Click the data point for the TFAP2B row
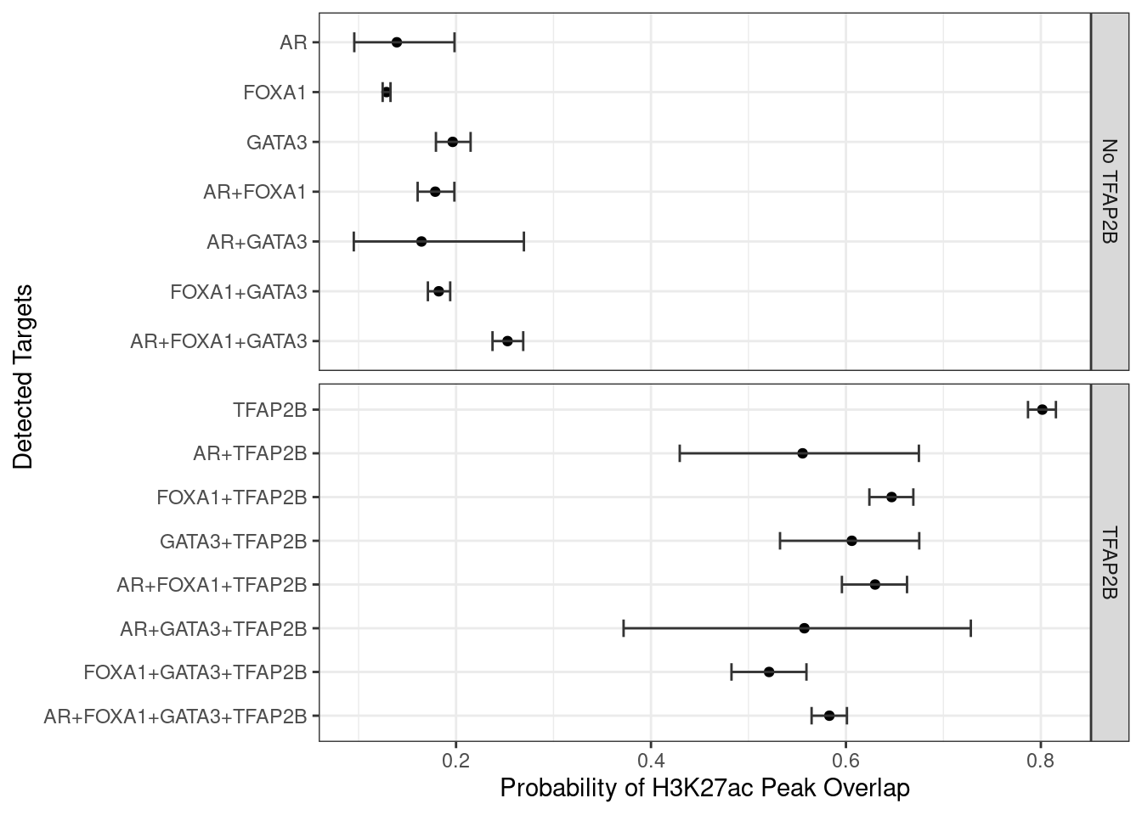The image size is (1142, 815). click(x=1042, y=410)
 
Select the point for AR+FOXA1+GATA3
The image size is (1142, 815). click(x=507, y=341)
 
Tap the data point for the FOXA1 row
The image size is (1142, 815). click(x=387, y=92)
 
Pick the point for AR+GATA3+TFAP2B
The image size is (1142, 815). click(x=804, y=628)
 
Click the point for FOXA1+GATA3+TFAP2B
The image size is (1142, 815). click(x=769, y=672)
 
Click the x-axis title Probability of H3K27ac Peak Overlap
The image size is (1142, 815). click(x=704, y=789)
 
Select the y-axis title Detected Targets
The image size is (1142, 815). click(x=23, y=377)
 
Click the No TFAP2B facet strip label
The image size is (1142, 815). click(x=1109, y=192)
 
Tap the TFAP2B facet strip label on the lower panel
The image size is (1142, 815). click(x=1109, y=563)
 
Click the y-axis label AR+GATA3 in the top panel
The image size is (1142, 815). click(x=256, y=242)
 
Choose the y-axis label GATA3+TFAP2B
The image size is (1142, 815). click(x=233, y=541)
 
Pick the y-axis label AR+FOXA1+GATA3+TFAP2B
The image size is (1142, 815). click(x=175, y=716)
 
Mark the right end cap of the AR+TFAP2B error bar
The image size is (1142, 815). click(x=919, y=453)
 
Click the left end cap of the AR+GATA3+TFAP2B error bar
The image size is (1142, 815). click(x=624, y=628)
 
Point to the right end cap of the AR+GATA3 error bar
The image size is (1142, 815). click(x=523, y=242)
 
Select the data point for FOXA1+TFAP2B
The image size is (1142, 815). click(x=891, y=497)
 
